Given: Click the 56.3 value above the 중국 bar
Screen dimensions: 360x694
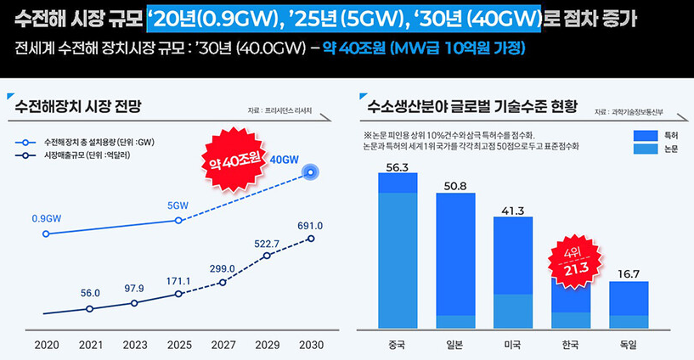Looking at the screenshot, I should [398, 167].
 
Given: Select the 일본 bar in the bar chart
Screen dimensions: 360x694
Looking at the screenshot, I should [455, 255].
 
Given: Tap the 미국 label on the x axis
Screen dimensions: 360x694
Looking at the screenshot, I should [513, 345].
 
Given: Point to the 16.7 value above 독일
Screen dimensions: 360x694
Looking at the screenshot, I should [629, 274].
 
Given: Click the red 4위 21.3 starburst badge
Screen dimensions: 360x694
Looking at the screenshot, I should [570, 262].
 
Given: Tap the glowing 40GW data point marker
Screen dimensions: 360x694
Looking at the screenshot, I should [311, 172].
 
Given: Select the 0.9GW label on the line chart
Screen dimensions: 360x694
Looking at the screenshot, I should [47, 218].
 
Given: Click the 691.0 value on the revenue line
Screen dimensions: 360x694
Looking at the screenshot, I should [310, 226].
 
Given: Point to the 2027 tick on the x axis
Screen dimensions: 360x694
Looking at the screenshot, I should [223, 345].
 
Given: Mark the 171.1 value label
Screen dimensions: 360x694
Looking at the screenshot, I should [178, 281].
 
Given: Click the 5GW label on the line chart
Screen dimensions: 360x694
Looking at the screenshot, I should [178, 205].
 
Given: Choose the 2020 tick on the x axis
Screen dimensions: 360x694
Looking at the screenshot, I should [46, 345].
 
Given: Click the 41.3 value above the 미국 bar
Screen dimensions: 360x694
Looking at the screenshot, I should [513, 211].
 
